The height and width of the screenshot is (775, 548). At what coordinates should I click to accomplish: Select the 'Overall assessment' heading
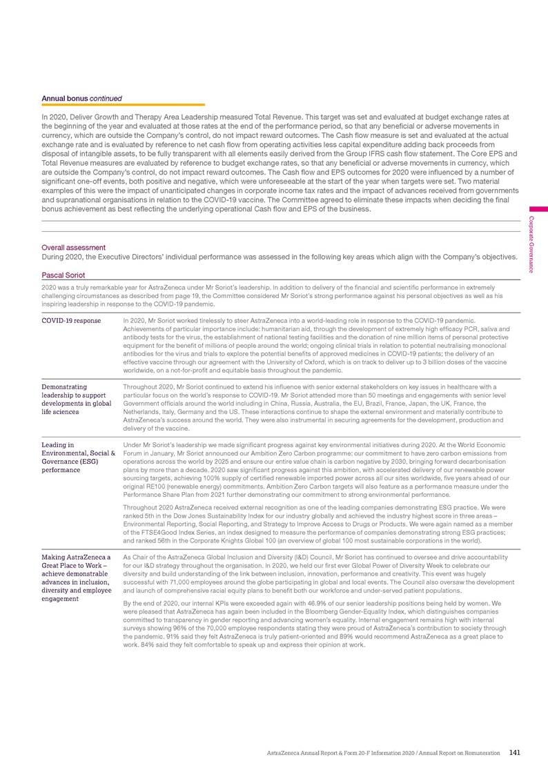point(74,247)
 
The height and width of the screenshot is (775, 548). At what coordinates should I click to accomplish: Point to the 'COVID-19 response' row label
point(72,321)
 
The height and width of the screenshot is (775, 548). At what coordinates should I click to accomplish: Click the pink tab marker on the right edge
point(539,208)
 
